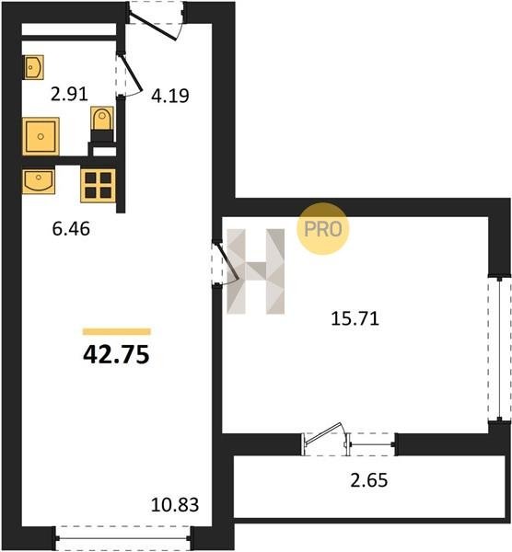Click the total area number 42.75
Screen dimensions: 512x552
point(116,355)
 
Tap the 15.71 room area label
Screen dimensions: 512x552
point(355,319)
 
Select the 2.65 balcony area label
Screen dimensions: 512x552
point(369,480)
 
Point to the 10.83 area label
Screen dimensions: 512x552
point(175,505)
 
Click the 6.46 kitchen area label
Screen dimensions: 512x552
point(71,229)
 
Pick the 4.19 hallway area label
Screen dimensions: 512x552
point(170,96)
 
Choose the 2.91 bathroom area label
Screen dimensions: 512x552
point(69,95)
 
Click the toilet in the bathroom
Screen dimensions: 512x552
point(102,124)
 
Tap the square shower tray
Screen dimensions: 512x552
point(41,136)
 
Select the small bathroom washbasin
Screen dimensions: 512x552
point(34,67)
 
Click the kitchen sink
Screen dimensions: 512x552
point(39,181)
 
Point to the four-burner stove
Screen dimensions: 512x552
point(98,186)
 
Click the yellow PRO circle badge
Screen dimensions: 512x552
point(323,228)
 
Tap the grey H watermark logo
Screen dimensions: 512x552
point(255,271)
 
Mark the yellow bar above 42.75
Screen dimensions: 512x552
point(117,331)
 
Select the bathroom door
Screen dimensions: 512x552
point(130,74)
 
